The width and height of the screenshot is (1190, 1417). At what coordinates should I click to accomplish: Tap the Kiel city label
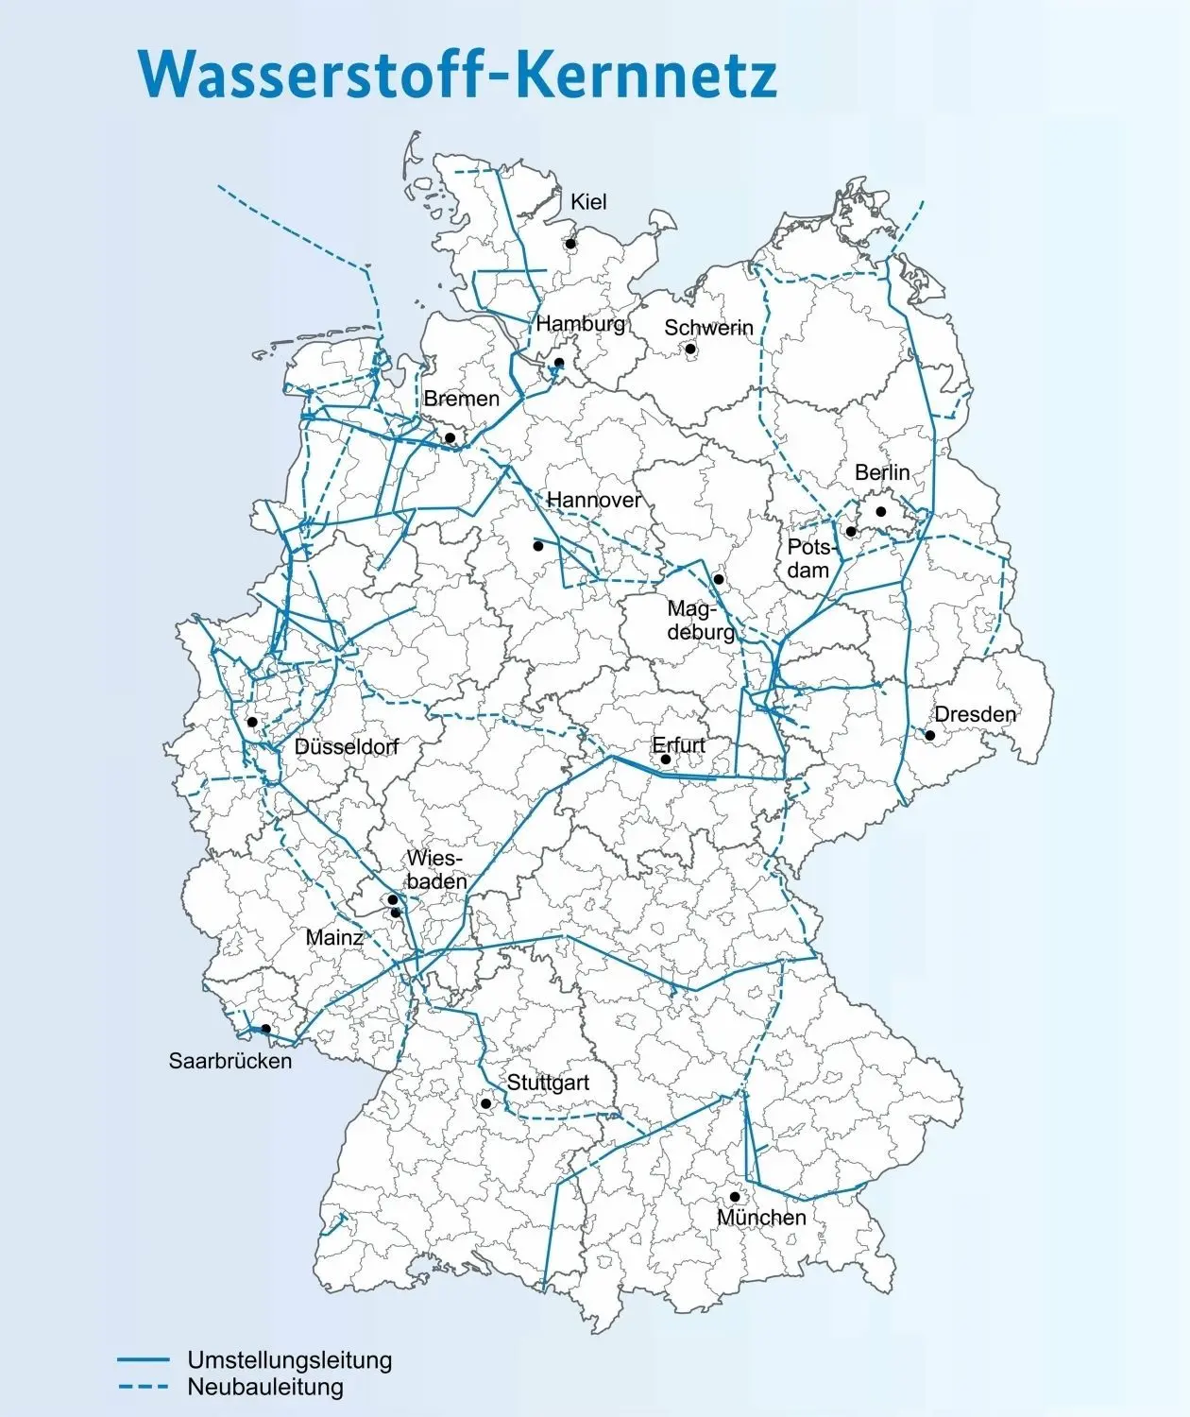pyautogui.click(x=588, y=201)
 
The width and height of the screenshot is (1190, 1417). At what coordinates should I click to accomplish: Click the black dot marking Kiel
pyautogui.click(x=571, y=244)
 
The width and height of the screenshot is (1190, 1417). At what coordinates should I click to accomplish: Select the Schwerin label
pyautogui.click(x=708, y=328)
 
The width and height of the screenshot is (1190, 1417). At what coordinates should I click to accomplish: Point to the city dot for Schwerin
pyautogui.click(x=690, y=349)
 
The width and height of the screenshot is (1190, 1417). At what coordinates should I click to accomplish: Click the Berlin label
pyautogui.click(x=882, y=471)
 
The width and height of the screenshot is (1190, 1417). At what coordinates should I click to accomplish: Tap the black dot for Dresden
pyautogui.click(x=929, y=735)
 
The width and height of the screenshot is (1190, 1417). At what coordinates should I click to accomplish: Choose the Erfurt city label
pyautogui.click(x=678, y=745)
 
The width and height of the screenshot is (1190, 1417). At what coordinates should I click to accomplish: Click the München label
pyautogui.click(x=761, y=1218)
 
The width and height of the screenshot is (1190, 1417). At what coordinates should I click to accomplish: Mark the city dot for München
pyautogui.click(x=735, y=1197)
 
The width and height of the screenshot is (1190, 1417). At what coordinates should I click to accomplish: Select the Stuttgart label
pyautogui.click(x=548, y=1083)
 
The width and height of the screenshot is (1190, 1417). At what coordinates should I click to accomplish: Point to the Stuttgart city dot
pyautogui.click(x=486, y=1103)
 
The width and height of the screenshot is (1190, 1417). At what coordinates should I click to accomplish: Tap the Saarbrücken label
pyautogui.click(x=230, y=1061)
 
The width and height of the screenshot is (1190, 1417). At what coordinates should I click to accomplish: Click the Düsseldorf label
pyautogui.click(x=346, y=746)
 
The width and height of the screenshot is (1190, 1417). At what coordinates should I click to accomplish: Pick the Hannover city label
pyautogui.click(x=594, y=500)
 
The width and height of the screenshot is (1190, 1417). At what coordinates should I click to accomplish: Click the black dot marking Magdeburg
pyautogui.click(x=719, y=579)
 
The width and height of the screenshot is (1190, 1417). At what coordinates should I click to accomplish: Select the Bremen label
pyautogui.click(x=461, y=399)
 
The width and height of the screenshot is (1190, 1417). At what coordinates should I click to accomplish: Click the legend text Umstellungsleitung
pyautogui.click(x=289, y=1360)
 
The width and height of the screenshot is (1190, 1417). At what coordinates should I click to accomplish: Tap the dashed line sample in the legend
pyautogui.click(x=143, y=1387)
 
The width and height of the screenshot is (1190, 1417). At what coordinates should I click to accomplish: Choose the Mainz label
pyautogui.click(x=334, y=938)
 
